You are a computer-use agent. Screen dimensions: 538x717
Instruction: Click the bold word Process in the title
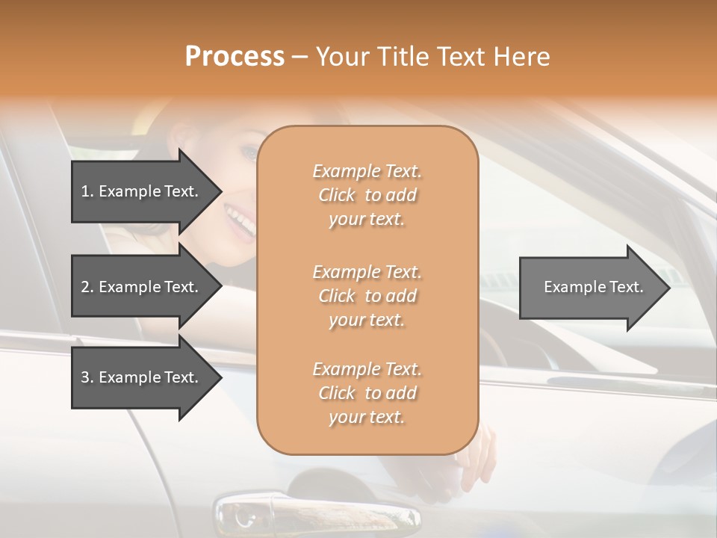[235, 57]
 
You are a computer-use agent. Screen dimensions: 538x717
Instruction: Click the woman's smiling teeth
[240, 220]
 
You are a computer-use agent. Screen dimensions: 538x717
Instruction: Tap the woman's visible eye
[249, 152]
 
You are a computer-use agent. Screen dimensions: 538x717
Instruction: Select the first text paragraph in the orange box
[367, 195]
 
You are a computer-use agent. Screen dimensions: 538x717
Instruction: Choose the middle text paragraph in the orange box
[367, 296]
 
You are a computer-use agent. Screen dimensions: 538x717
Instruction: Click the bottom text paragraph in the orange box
[367, 393]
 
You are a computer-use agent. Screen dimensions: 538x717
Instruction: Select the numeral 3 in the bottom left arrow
[85, 377]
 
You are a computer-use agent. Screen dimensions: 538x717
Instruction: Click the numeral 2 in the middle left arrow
[85, 287]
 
